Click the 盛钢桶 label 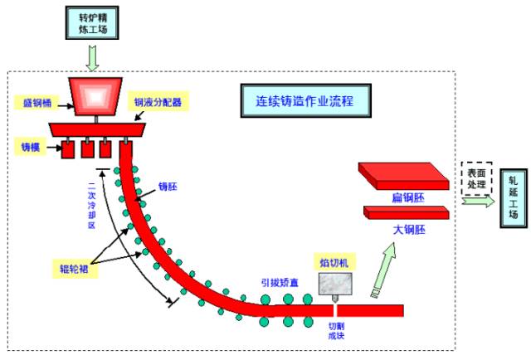pyautogui.click(x=36, y=104)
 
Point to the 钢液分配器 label pyautogui.click(x=158, y=103)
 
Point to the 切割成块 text pyautogui.click(x=335, y=330)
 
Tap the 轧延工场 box pyautogui.click(x=513, y=197)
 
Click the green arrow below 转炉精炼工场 pyautogui.click(x=92, y=57)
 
